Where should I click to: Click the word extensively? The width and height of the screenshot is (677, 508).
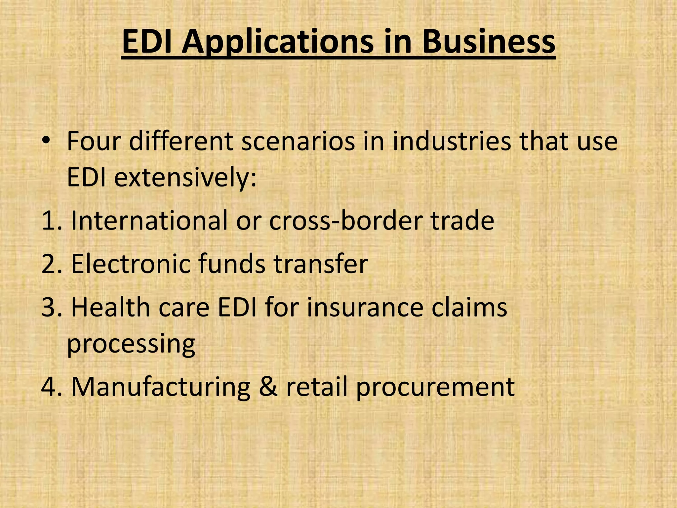[x=185, y=178]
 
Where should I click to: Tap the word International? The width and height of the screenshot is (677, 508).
[x=149, y=221]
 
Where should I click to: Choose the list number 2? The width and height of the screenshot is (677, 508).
[x=50, y=264]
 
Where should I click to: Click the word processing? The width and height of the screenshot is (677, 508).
[x=131, y=345]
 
